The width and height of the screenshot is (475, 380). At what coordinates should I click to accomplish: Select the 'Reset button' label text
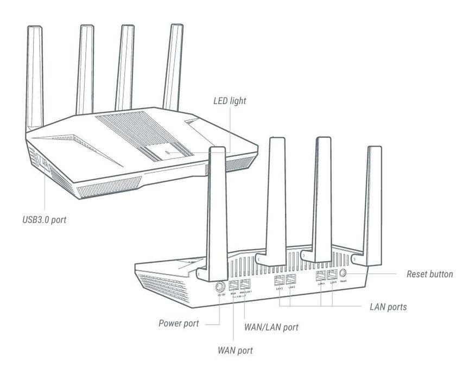[429, 274]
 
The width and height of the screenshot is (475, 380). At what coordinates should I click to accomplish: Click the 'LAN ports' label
[388, 307]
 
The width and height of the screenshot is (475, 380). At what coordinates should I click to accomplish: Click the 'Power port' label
[178, 324]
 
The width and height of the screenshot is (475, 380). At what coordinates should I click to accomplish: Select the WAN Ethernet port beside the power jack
[234, 285]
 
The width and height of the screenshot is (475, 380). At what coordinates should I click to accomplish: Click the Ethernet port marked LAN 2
[279, 281]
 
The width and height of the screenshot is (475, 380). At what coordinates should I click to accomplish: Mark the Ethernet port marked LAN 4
[321, 276]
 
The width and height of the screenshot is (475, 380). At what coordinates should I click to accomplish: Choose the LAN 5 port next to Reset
[332, 275]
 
